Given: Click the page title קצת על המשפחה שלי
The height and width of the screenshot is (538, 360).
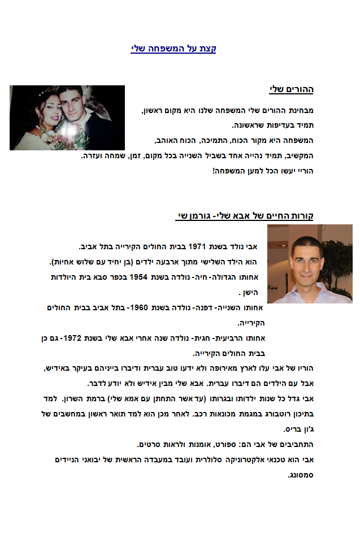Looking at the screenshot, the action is click(173, 49).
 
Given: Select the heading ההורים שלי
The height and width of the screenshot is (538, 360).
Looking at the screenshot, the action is click(291, 89).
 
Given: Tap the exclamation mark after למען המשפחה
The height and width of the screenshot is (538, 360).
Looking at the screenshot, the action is click(214, 170).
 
